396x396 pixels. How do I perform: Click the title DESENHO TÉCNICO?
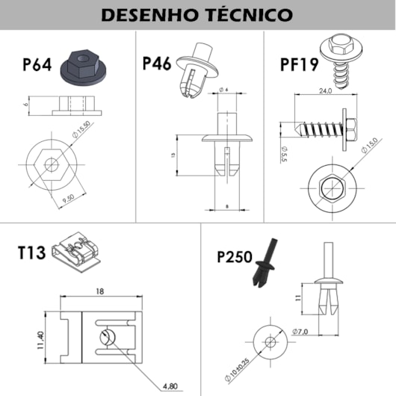point(197,15)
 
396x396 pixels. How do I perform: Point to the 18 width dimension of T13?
point(100,291)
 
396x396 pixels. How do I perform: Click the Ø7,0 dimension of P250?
point(300,330)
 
